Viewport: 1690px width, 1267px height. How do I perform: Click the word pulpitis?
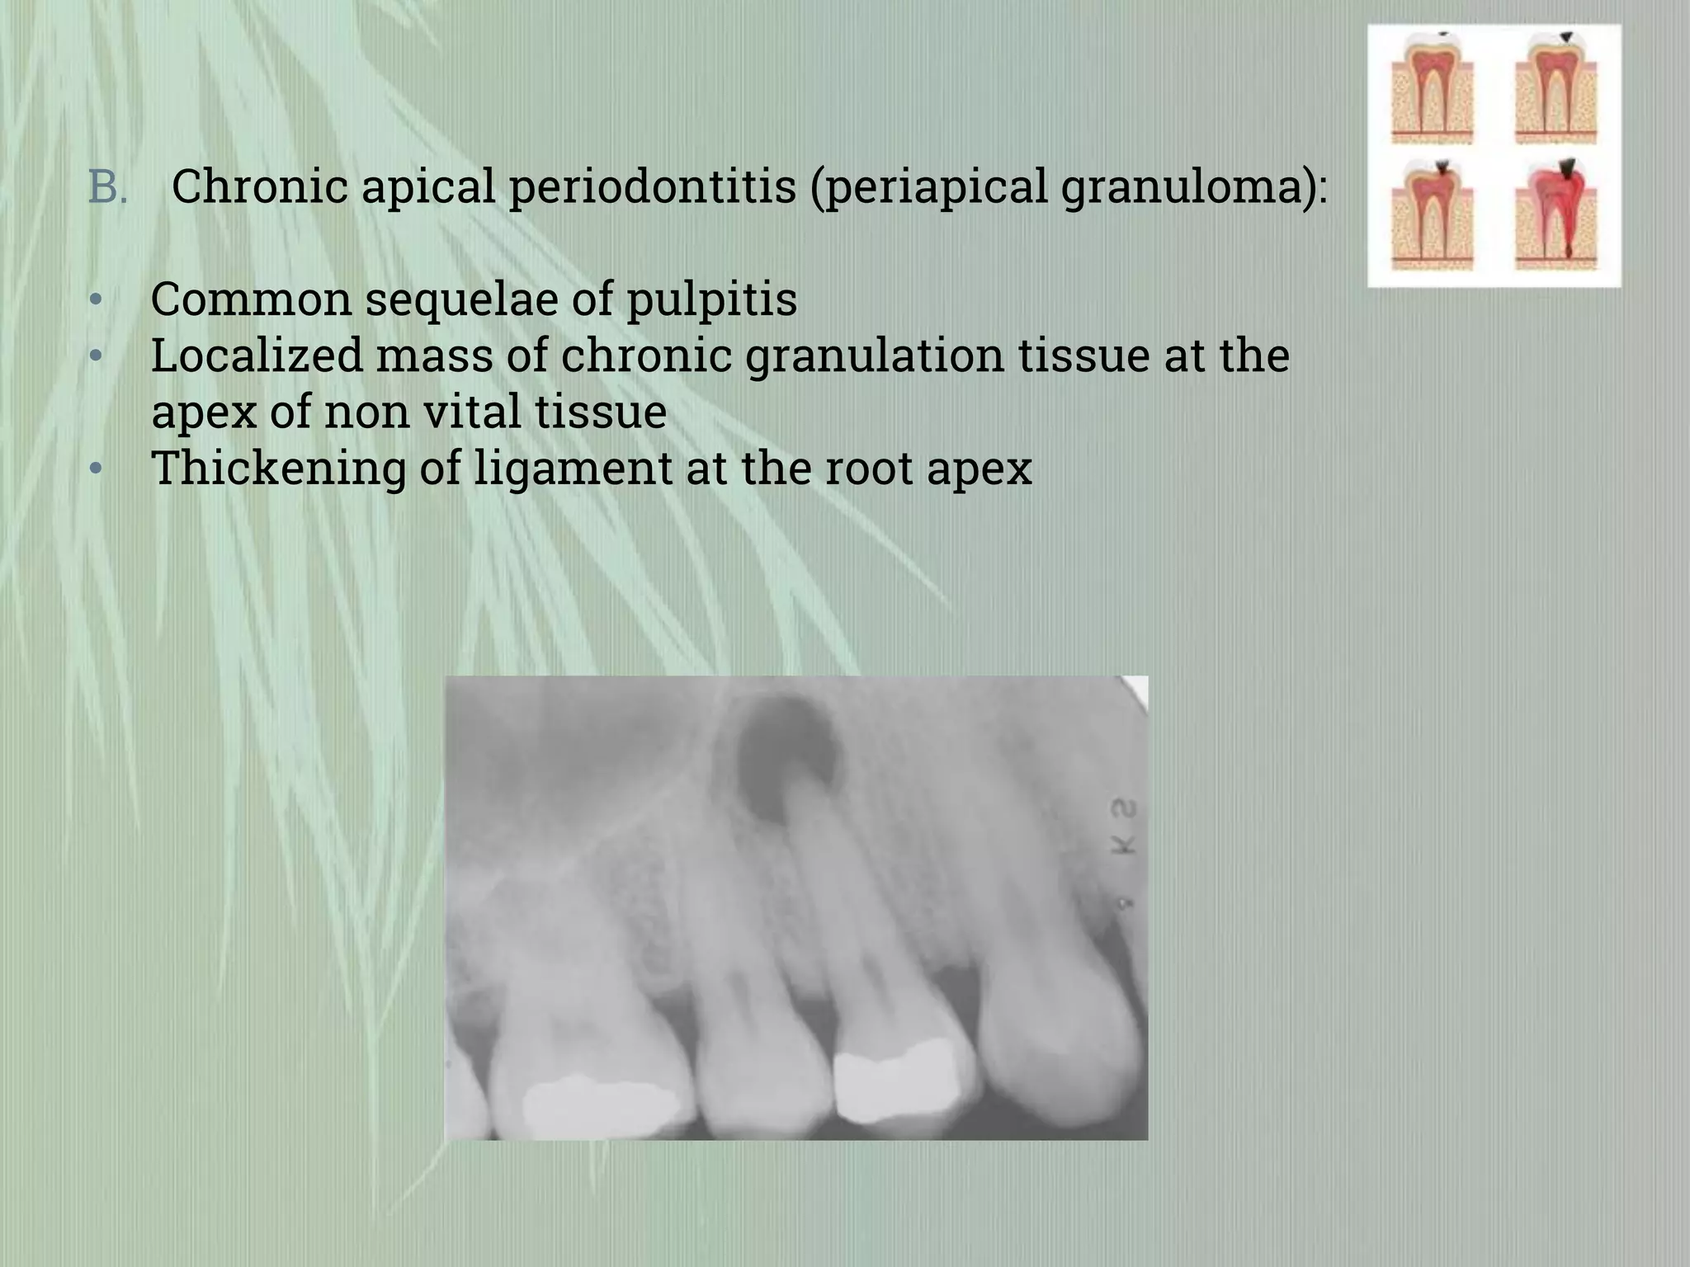coord(711,299)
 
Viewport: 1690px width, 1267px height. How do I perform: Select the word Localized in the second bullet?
coord(257,356)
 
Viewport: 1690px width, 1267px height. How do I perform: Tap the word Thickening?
coord(278,468)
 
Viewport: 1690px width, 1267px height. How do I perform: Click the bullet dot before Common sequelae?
coord(97,300)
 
